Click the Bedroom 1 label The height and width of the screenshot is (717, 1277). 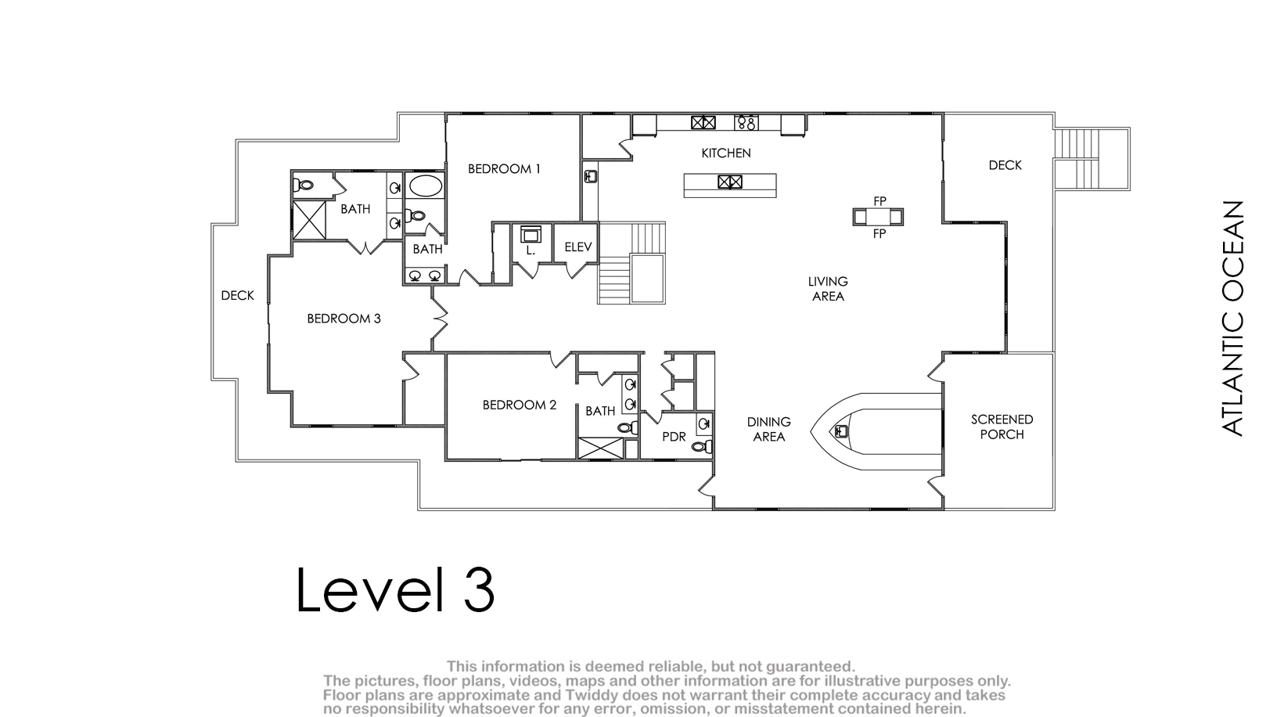[504, 169]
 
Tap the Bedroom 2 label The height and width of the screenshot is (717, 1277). [520, 405]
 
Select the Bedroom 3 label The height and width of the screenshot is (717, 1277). [344, 319]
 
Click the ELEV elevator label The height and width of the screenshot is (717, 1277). [578, 247]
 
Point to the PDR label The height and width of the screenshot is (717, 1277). [674, 437]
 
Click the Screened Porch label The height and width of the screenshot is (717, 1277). [1002, 427]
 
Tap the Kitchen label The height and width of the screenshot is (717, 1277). [725, 153]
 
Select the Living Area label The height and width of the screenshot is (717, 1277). [828, 289]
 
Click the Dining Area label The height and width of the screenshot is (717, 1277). [769, 429]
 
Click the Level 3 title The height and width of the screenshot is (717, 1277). [395, 589]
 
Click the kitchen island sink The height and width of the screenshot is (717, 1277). [730, 182]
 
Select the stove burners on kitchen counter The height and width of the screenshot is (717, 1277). [746, 123]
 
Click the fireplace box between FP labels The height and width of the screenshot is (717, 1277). [878, 217]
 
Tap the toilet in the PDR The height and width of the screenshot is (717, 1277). [703, 447]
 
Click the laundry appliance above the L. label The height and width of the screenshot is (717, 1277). [531, 235]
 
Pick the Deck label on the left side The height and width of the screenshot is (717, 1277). [237, 295]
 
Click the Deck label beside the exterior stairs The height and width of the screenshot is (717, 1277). [1005, 165]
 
